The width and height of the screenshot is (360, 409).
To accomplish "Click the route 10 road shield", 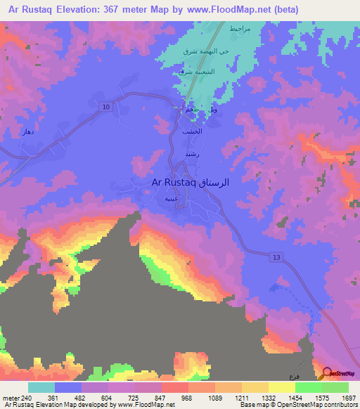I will pyautogui.click(x=106, y=106).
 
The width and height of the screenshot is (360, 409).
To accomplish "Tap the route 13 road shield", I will pyautogui.click(x=277, y=259).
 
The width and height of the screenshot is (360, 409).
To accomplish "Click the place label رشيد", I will pyautogui.click(x=193, y=153).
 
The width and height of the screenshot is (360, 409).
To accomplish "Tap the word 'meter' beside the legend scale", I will pyautogui.click(x=12, y=398).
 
